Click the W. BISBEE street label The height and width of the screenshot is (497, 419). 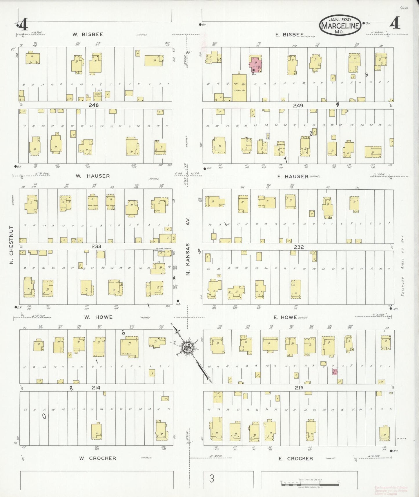pyautogui.click(x=88, y=35)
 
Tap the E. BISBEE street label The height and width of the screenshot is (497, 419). pyautogui.click(x=289, y=35)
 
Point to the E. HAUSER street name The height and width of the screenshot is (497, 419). pyautogui.click(x=293, y=176)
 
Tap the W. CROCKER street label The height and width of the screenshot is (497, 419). pyautogui.click(x=98, y=458)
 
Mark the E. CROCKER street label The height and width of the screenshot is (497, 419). pyautogui.click(x=296, y=458)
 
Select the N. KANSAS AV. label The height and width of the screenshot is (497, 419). pyautogui.click(x=188, y=246)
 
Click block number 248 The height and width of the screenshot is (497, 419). pyautogui.click(x=94, y=105)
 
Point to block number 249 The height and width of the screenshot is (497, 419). pyautogui.click(x=298, y=106)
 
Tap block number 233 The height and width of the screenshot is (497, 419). pyautogui.click(x=96, y=246)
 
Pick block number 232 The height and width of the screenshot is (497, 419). pyautogui.click(x=299, y=247)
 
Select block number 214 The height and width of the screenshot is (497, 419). pyautogui.click(x=96, y=388)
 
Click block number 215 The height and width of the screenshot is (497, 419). pyautogui.click(x=299, y=388)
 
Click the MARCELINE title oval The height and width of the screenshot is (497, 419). pyautogui.click(x=340, y=26)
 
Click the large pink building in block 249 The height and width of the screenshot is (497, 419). pyautogui.click(x=255, y=64)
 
